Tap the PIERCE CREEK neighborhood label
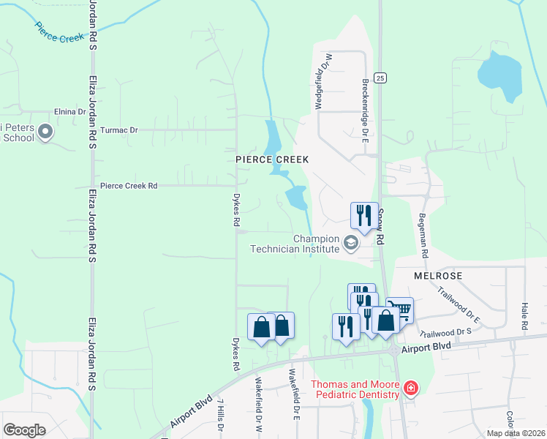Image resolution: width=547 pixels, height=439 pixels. (x=272, y=160)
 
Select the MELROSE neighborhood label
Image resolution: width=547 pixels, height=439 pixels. (x=437, y=276)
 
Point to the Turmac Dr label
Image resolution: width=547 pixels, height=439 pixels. (x=119, y=130)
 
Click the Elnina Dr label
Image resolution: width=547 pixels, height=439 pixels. (x=70, y=112)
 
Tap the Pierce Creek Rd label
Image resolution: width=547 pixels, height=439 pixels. (x=129, y=186)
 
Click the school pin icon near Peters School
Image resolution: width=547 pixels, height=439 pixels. (x=45, y=132)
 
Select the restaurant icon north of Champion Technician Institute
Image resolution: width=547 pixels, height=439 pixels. (x=364, y=214)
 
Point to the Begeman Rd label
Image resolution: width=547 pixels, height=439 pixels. (x=422, y=236)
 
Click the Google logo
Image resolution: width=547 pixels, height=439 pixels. (x=24, y=430)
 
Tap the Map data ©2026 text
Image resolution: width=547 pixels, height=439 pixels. (x=516, y=433)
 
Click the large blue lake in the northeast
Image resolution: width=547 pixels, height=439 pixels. (x=500, y=78)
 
